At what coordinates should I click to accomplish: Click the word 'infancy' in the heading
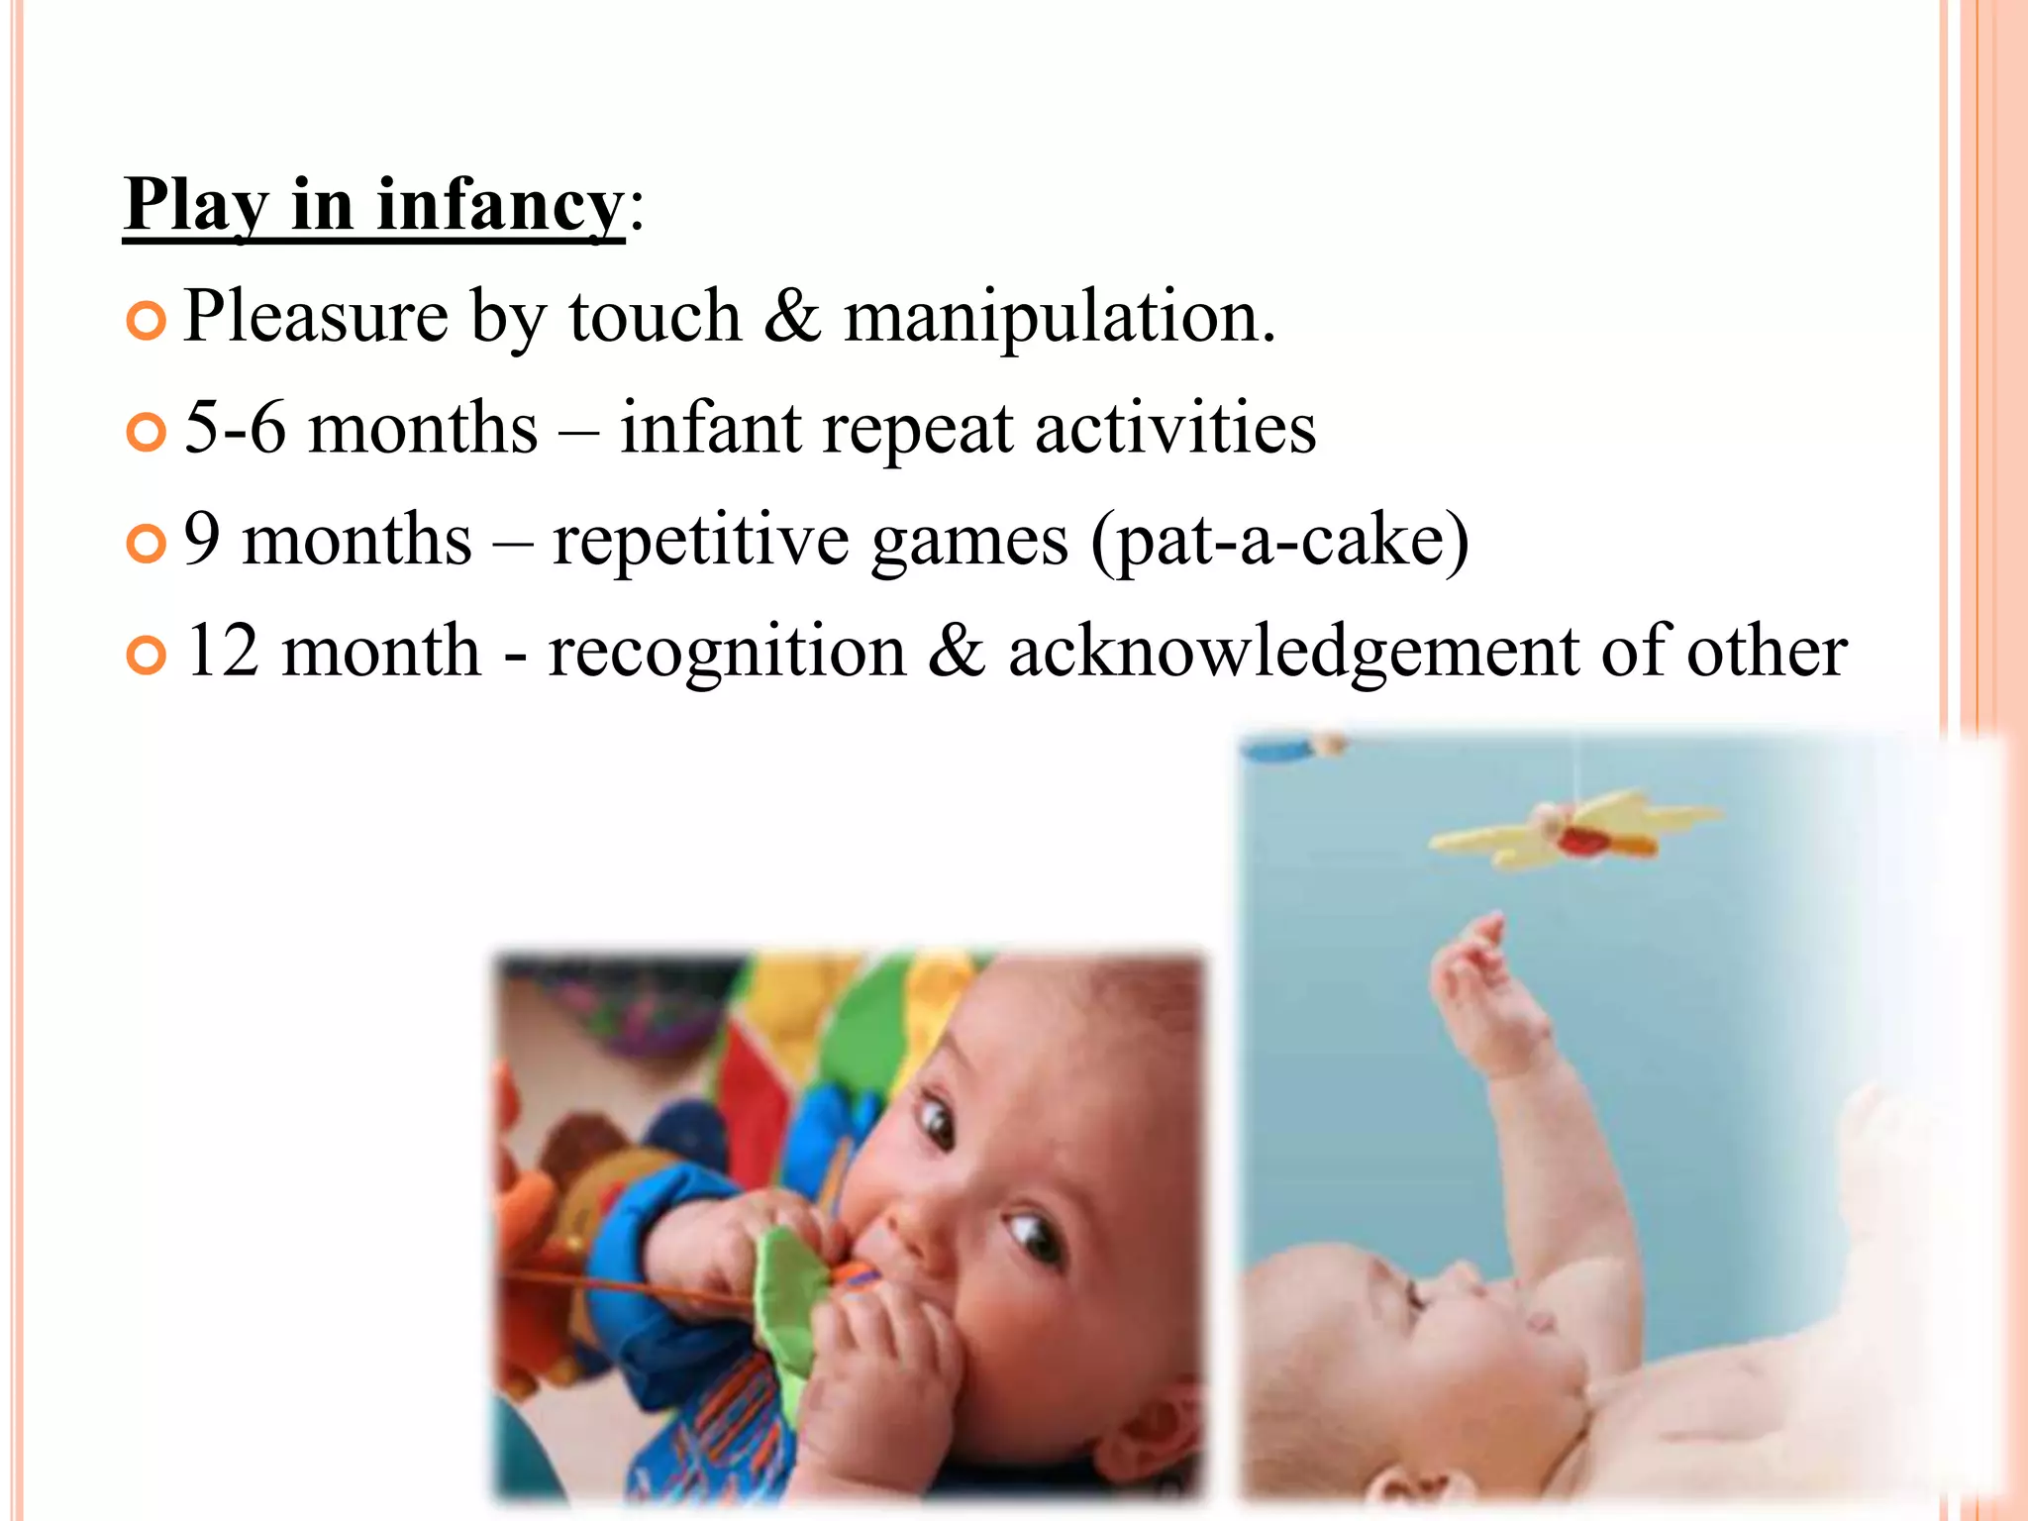coord(500,205)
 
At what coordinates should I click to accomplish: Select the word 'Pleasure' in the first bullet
coord(316,317)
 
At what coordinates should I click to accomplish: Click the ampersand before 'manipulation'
coord(792,317)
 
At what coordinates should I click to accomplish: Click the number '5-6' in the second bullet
coord(235,428)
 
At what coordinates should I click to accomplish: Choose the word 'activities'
coord(1175,428)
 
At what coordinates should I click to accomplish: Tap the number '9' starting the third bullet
coord(202,540)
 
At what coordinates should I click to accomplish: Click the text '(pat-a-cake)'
coord(1279,542)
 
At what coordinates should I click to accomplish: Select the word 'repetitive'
coord(700,542)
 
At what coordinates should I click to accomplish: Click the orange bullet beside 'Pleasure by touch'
coord(147,321)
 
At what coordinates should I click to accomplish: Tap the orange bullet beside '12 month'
coord(147,656)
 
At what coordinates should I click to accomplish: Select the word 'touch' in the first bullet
coord(655,317)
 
